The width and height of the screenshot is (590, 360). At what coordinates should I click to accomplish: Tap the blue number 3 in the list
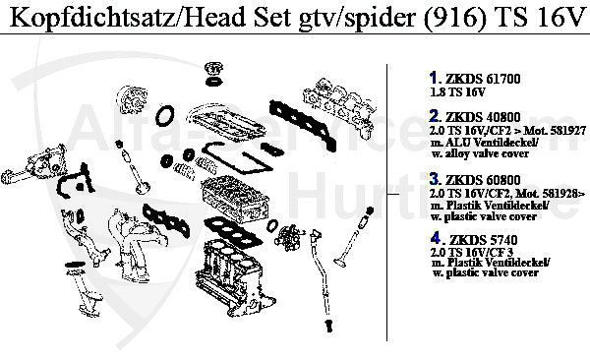pyautogui.click(x=435, y=178)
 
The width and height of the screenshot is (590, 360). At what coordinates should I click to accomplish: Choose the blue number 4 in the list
pyautogui.click(x=436, y=238)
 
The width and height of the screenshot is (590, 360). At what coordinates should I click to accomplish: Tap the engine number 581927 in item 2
pyautogui.click(x=560, y=130)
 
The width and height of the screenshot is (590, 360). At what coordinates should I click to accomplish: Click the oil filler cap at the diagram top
pyautogui.click(x=209, y=74)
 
